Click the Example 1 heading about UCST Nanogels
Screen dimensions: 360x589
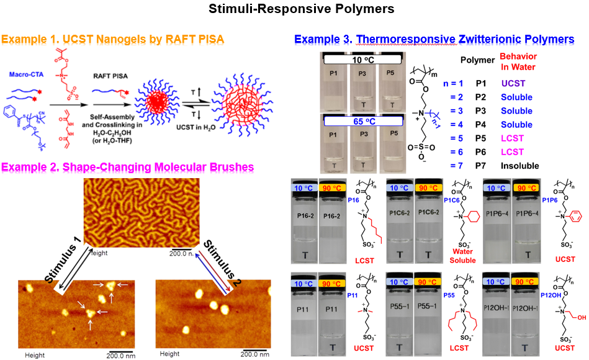pyautogui.click(x=112, y=40)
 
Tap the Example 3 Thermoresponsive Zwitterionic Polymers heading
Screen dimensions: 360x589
pyautogui.click(x=434, y=39)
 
